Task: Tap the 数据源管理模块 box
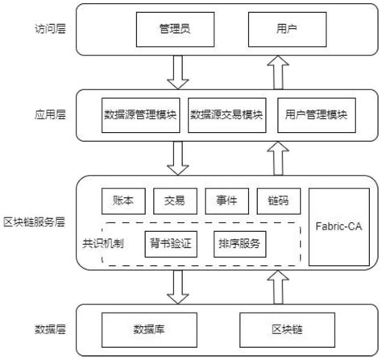pyautogui.click(x=140, y=116)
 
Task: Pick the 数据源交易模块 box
pyautogui.click(x=226, y=116)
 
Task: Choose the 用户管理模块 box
pyautogui.click(x=315, y=116)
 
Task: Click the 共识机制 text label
pyautogui.click(x=103, y=242)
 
